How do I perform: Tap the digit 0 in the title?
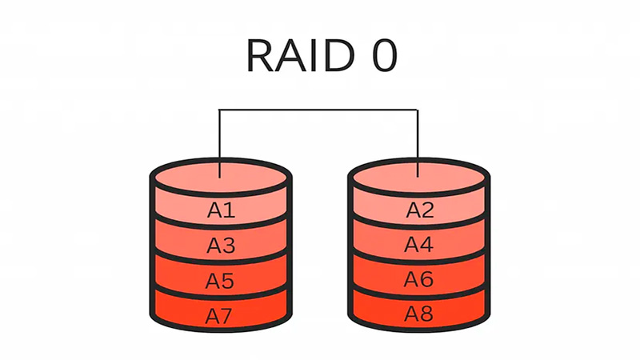click(x=378, y=56)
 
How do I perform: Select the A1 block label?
click(x=221, y=210)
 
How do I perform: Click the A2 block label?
click(x=419, y=210)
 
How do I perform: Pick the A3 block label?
click(x=221, y=246)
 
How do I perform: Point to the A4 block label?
click(x=419, y=245)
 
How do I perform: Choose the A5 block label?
click(x=221, y=281)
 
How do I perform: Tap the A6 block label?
click(x=419, y=280)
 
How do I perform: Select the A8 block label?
click(x=419, y=314)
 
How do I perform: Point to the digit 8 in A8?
click(x=426, y=314)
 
